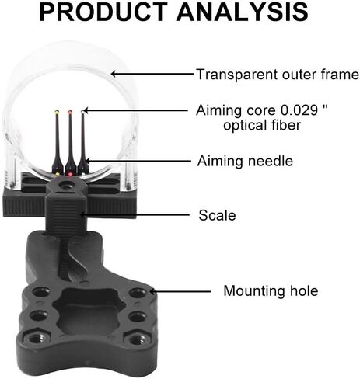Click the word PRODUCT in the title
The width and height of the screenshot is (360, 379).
coord(103,12)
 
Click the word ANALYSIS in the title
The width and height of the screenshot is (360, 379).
coord(242,12)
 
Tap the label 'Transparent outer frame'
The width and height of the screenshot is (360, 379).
coord(278,75)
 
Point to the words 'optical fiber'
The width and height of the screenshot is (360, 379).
coord(262,125)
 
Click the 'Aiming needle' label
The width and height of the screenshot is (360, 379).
coord(245,161)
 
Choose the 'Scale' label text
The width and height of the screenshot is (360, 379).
coord(217,215)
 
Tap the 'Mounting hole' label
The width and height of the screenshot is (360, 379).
coord(271,290)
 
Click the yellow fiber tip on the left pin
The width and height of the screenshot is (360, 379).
coord(57,112)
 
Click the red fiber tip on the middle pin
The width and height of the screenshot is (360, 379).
coord(69,112)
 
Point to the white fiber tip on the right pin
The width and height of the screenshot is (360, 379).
coord(82,112)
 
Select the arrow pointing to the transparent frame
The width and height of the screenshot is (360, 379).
coord(152,74)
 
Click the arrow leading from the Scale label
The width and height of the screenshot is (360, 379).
coord(135,215)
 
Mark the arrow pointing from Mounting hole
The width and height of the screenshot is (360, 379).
coord(180,291)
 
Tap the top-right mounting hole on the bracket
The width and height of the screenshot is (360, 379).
coord(138,294)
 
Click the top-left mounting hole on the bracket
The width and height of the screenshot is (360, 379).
coord(41,292)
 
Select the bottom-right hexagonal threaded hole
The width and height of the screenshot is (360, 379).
coord(138,339)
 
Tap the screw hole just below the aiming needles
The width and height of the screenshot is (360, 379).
coord(67,185)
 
